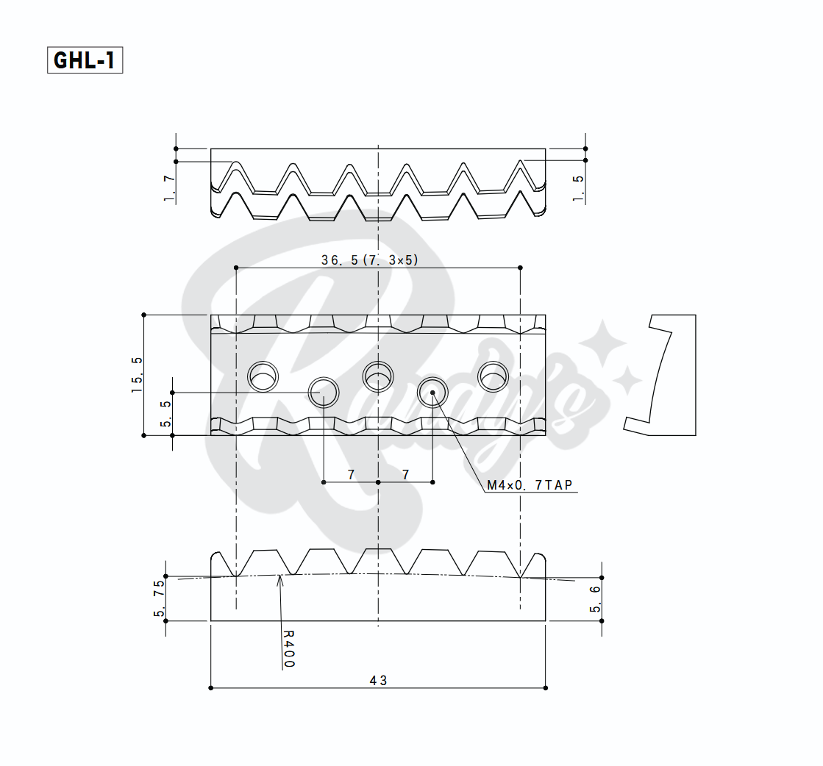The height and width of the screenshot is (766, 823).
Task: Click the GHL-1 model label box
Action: [x=85, y=60]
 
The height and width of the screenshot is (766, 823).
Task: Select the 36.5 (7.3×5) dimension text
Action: [x=370, y=259]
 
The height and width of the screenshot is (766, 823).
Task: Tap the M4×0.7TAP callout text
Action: [x=530, y=484]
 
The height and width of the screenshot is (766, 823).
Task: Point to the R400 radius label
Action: [x=289, y=649]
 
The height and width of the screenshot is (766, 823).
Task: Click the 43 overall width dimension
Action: [x=379, y=681]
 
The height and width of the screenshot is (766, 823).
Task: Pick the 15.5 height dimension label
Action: [x=137, y=375]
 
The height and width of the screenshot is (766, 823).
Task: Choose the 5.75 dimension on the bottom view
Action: [x=159, y=598]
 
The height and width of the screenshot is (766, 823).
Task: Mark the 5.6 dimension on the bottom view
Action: [x=595, y=599]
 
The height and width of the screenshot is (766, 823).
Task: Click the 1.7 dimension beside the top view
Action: [x=169, y=188]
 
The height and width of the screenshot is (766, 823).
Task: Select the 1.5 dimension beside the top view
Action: [x=578, y=188]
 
